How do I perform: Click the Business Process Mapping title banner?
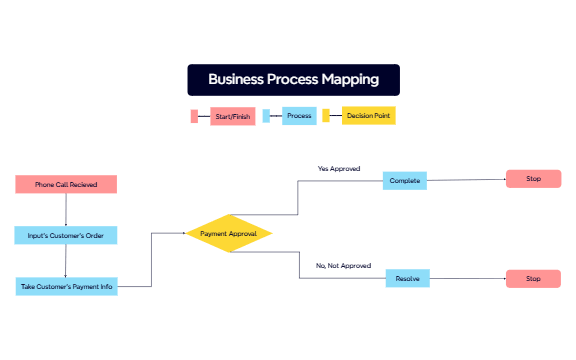(293, 79)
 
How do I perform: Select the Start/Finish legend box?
(233, 116)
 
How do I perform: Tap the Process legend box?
(299, 116)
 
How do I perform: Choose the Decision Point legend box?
(368, 116)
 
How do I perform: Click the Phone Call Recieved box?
(66, 184)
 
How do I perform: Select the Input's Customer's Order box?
(66, 235)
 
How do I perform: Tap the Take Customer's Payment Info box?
(66, 286)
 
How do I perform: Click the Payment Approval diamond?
(229, 233)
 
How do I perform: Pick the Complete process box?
(405, 181)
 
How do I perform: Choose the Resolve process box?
(406, 279)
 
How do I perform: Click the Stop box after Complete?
(533, 179)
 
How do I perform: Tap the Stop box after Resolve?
(533, 279)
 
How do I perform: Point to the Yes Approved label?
(338, 169)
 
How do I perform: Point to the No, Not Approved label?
(343, 266)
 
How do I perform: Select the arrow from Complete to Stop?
(466, 180)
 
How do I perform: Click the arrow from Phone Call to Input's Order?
(66, 209)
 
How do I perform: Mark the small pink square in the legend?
(194, 116)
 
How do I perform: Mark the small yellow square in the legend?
(326, 116)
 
